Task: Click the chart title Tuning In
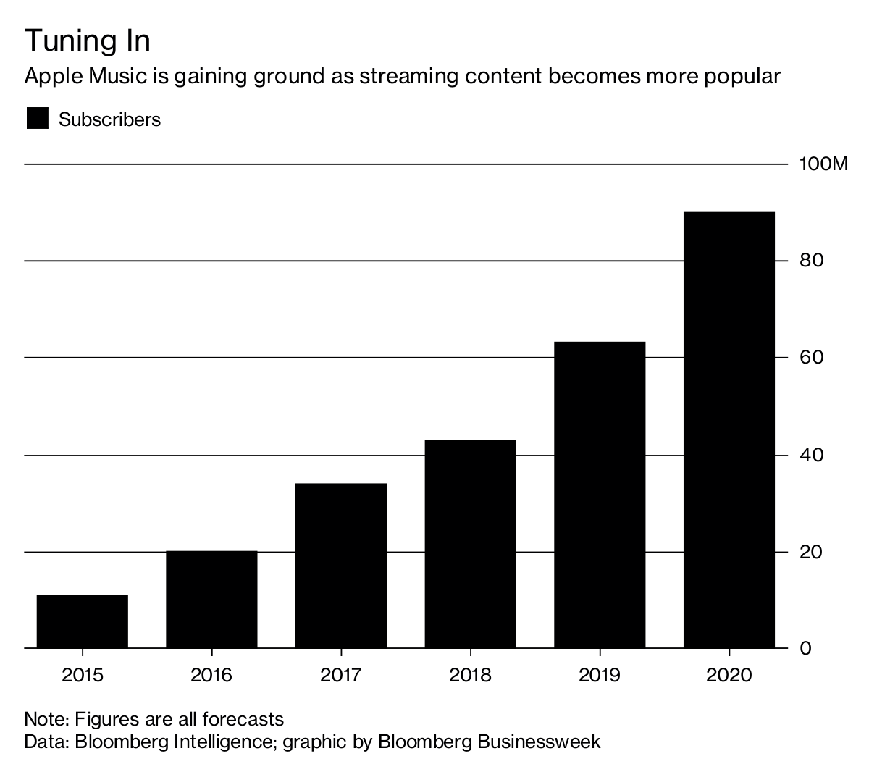88,41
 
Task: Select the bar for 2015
83,621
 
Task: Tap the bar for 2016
211,600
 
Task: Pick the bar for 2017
341,566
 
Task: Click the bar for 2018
470,544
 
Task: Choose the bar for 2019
600,495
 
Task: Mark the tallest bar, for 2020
729,430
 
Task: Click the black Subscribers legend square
37,119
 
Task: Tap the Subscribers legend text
110,119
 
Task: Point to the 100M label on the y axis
823,164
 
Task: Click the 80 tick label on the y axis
812,260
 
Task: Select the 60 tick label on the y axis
812,357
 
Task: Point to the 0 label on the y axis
805,647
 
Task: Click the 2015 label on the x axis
83,675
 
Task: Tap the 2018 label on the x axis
470,675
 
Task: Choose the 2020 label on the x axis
729,675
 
